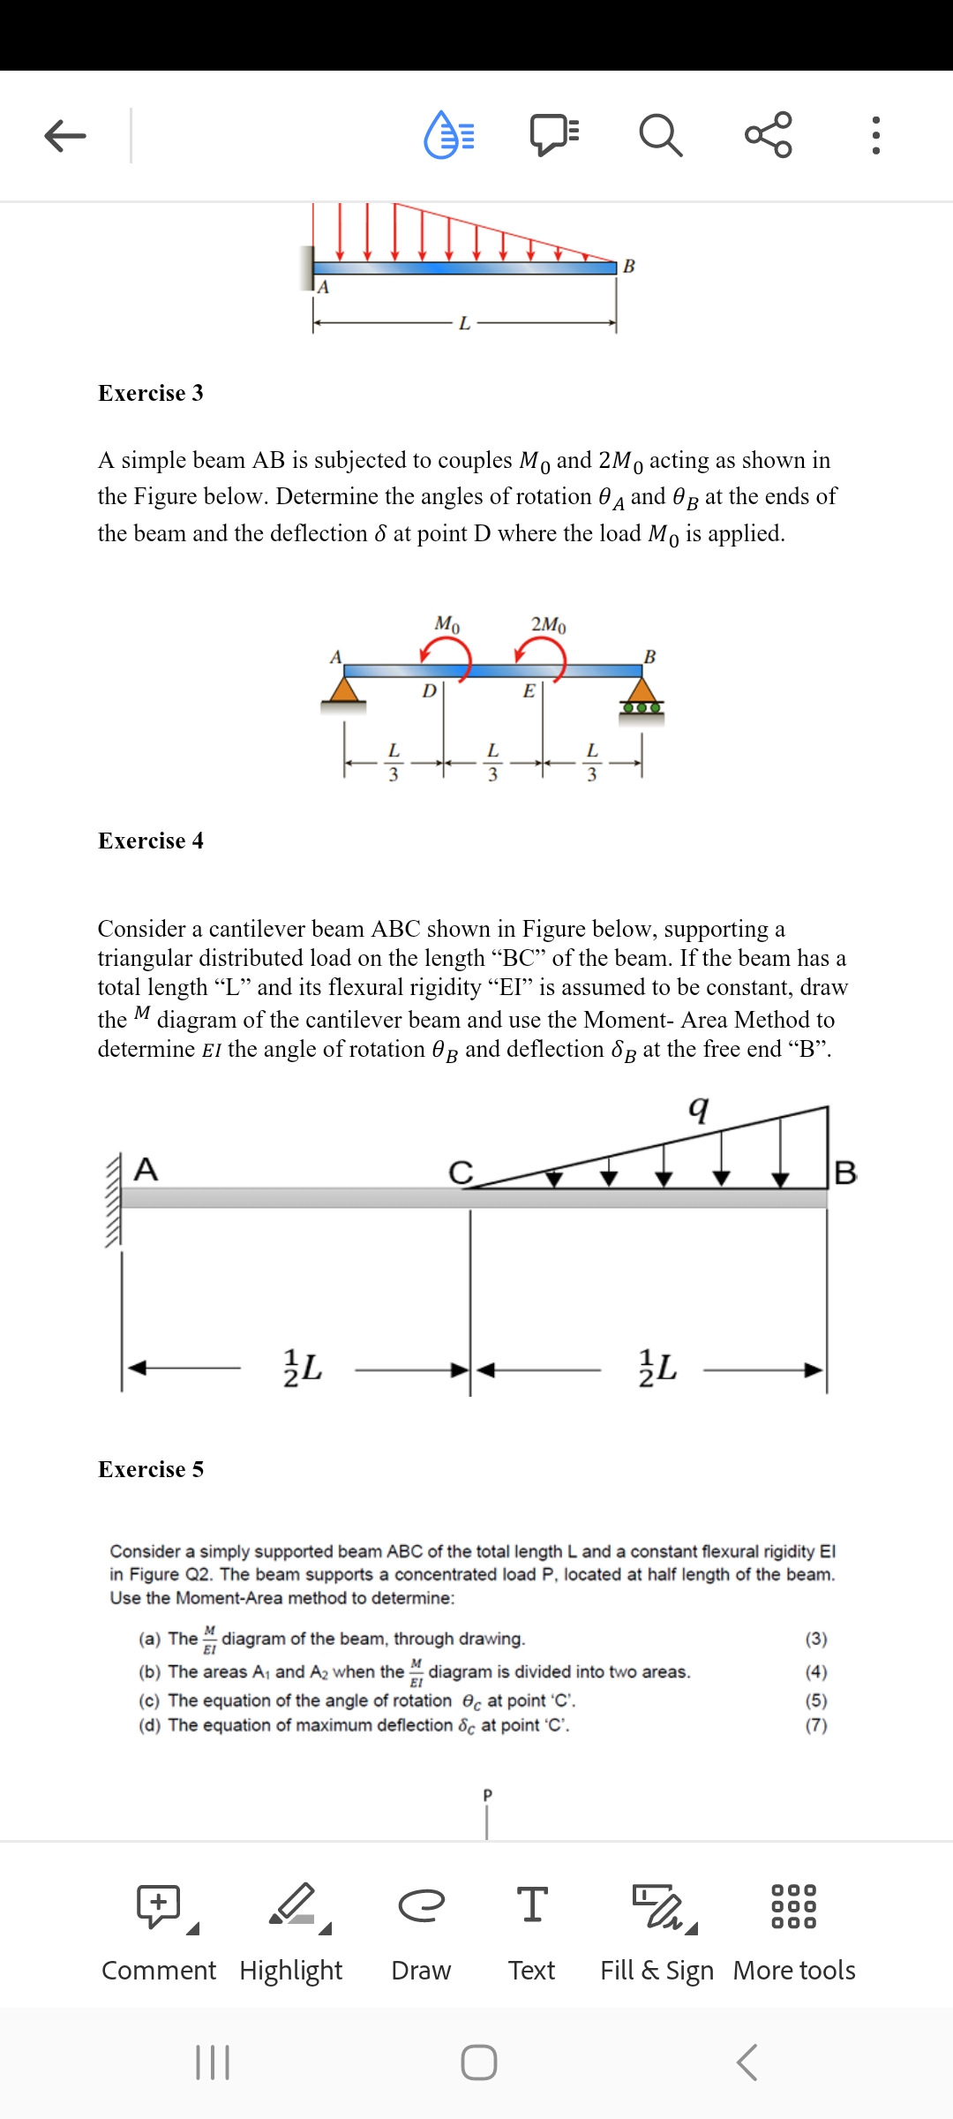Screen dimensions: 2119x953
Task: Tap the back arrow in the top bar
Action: [65, 135]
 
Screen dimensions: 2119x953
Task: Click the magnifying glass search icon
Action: [660, 135]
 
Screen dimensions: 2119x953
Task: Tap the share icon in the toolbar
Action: [769, 135]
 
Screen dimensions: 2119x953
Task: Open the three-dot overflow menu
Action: [875, 135]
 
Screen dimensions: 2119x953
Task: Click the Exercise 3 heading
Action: [151, 393]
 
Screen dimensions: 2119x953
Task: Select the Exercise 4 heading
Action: [151, 841]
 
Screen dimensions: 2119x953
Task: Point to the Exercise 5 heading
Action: [151, 1469]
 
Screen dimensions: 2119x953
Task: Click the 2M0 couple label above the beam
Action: [548, 624]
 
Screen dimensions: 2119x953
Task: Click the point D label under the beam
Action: [429, 690]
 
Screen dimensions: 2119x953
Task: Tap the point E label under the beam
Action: [529, 690]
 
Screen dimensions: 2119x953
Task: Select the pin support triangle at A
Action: [344, 690]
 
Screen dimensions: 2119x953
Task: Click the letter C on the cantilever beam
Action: [461, 1173]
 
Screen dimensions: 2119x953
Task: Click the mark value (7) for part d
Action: [816, 1725]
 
